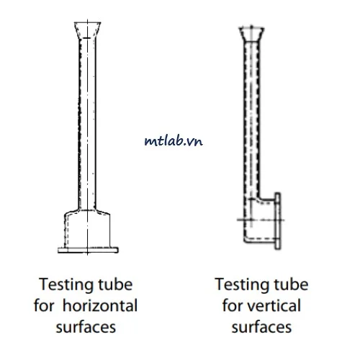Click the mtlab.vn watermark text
click(x=174, y=141)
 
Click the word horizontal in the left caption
click(x=100, y=305)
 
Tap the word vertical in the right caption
click(x=274, y=305)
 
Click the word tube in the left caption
click(x=116, y=284)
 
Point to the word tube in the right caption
click(x=292, y=284)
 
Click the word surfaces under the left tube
click(x=86, y=328)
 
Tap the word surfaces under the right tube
click(x=261, y=328)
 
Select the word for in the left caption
click(x=44, y=305)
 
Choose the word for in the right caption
click(x=233, y=305)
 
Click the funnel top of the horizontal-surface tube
click(x=87, y=30)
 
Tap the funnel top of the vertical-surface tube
click(x=251, y=34)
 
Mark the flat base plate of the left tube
click(x=88, y=250)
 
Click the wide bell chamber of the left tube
click(x=87, y=229)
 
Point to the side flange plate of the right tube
click(x=278, y=221)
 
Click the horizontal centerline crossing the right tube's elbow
click(x=261, y=220)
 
